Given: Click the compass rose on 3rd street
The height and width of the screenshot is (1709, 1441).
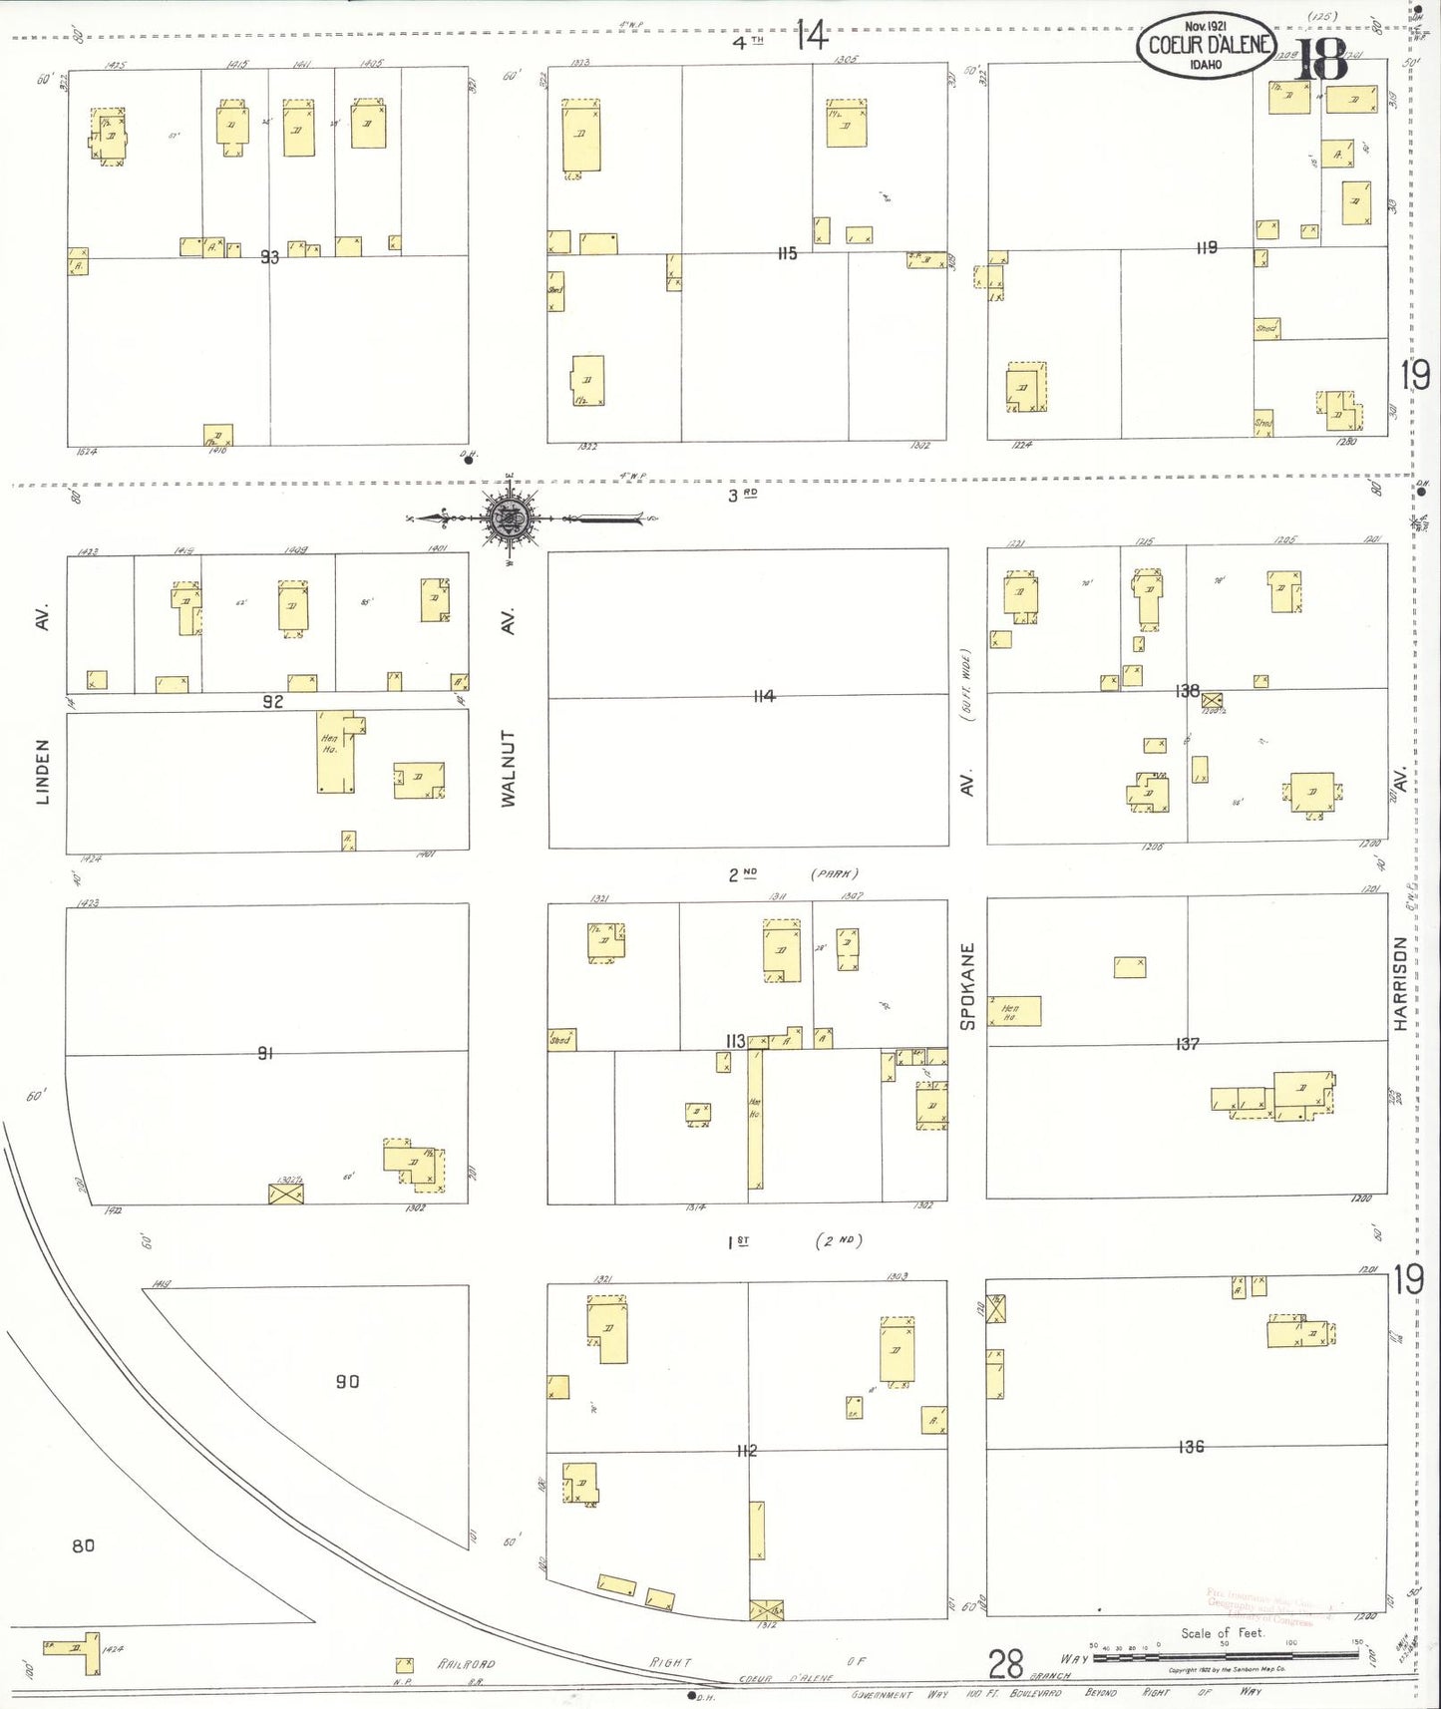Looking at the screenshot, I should (x=510, y=518).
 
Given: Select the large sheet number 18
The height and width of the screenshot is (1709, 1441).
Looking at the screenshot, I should (x=1322, y=62).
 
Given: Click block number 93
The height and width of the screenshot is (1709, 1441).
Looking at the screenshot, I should (x=269, y=257).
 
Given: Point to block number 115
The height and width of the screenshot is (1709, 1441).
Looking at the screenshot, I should (x=787, y=254).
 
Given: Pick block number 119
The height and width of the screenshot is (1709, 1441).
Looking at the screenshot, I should (x=1207, y=247).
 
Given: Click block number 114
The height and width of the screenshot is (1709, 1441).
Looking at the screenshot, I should (x=764, y=696).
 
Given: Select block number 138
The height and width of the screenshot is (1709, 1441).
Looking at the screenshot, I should (x=1187, y=690).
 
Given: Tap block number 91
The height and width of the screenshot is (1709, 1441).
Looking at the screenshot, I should (x=265, y=1053).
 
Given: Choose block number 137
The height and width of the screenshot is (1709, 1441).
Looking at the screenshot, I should (x=1187, y=1044).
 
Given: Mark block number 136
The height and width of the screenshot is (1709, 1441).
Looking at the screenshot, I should (x=1191, y=1446).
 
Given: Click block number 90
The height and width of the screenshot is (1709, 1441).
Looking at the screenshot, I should (x=347, y=1381).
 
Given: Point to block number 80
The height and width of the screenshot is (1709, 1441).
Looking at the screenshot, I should (x=83, y=1545).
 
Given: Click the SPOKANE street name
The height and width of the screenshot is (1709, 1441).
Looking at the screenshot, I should (x=966, y=985).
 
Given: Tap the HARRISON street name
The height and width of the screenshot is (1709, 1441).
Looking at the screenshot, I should (x=1400, y=983).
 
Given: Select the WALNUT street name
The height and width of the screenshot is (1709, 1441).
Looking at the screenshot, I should (x=509, y=768).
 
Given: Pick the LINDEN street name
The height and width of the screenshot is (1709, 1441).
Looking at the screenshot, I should (x=42, y=771).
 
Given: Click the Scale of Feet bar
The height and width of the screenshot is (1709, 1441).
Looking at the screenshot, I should (x=1226, y=1656).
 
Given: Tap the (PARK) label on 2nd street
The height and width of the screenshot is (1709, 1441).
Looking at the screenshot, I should (x=835, y=874).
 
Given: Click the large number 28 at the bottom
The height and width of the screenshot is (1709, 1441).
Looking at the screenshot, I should (x=1005, y=1663).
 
